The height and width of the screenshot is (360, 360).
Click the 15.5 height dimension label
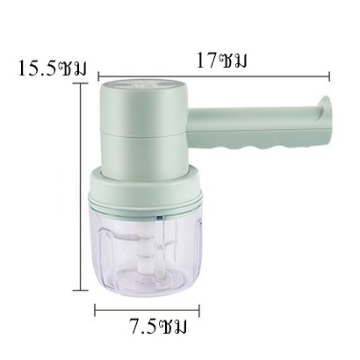coord(53,68)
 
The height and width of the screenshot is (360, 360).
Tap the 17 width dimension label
coord(221,61)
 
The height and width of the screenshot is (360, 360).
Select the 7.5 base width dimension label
coord(158,327)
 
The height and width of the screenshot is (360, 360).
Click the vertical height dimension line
coord(81,187)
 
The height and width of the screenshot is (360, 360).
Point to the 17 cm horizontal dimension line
coord(214,76)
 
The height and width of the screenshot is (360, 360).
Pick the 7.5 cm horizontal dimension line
coord(147,310)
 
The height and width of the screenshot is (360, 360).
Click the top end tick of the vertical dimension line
coord(81,83)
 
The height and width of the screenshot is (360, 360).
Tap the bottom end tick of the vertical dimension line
coord(81,291)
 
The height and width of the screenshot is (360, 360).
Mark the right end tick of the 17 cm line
coord(329,76)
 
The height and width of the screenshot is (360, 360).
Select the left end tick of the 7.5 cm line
coord(95,310)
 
